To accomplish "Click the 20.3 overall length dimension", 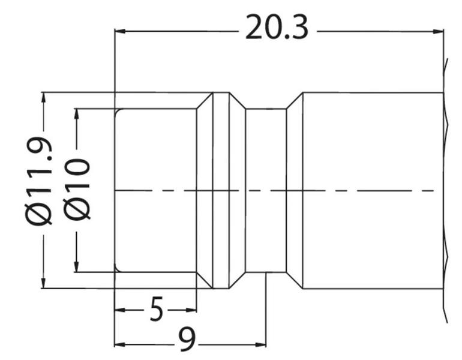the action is (277, 27).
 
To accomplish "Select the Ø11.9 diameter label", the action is (39, 181).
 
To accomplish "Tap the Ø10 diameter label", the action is (76, 189).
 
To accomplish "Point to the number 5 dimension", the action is (156, 309).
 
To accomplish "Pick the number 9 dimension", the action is (187, 340).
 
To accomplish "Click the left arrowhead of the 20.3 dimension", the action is (119, 31).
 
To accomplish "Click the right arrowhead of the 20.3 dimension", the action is (439, 31).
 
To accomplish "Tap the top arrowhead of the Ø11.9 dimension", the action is (44, 98).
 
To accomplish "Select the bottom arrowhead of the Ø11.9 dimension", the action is (44, 283).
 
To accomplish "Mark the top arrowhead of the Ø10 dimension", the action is (77, 115).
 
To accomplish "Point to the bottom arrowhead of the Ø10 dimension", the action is (77, 266).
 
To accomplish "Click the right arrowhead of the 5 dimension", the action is (191, 310).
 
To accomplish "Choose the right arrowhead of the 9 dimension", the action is (260, 344).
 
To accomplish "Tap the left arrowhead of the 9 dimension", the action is (120, 344).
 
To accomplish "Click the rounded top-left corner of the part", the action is (117, 112).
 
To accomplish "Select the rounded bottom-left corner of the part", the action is (117, 269).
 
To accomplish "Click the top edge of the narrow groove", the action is (266, 109).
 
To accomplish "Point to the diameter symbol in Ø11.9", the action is (39, 213).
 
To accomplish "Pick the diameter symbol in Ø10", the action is (76, 209).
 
